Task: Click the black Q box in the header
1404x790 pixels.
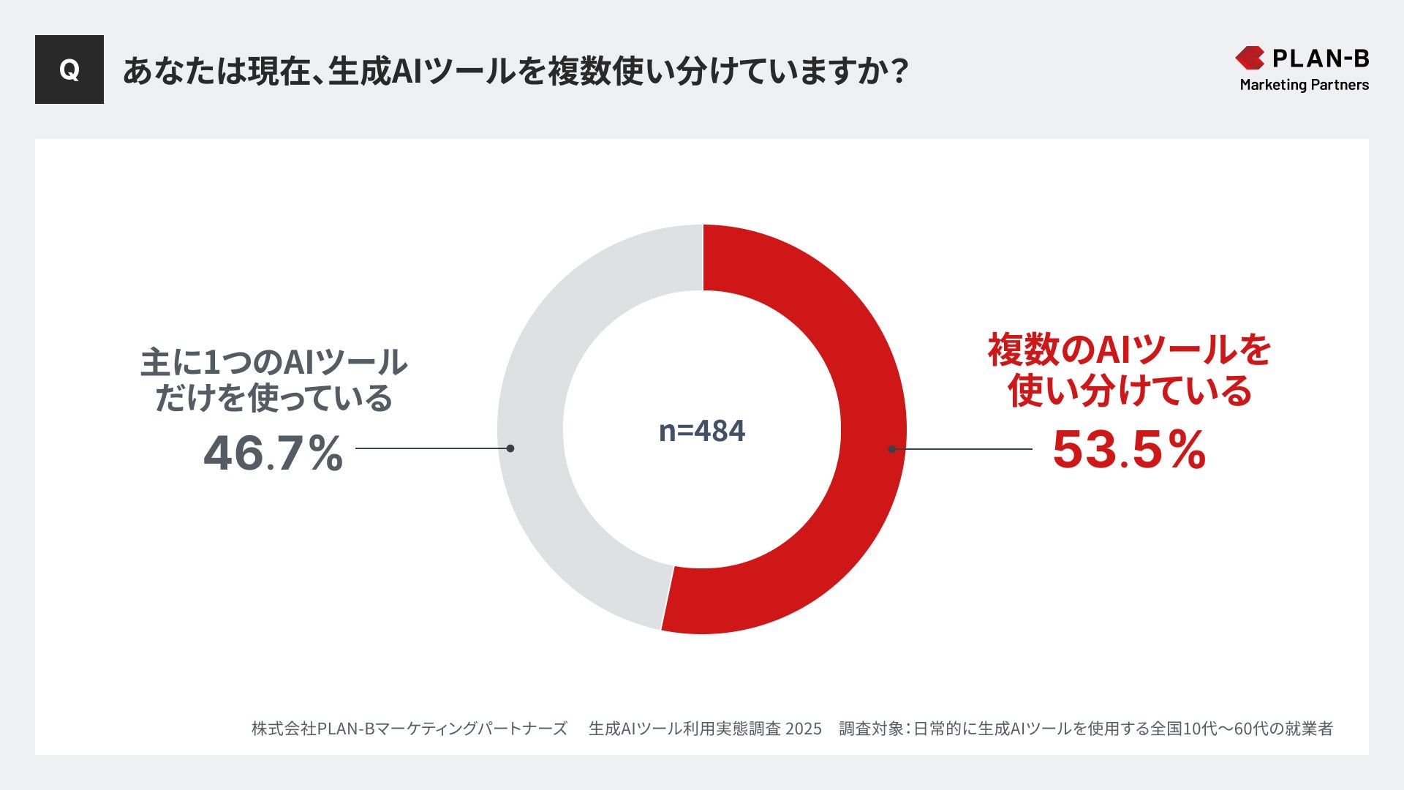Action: [x=69, y=69]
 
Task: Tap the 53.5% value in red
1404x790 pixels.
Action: [x=1129, y=449]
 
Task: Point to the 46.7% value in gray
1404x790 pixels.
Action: [x=273, y=453]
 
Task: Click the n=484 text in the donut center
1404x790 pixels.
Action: [x=702, y=431]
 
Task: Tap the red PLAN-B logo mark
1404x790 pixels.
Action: [x=1250, y=58]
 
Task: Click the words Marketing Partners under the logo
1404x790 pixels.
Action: [x=1304, y=85]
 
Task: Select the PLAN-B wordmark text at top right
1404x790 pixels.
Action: [x=1321, y=58]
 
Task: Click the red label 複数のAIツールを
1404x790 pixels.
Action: [x=1129, y=350]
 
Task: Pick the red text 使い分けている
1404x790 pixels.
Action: [x=1129, y=391]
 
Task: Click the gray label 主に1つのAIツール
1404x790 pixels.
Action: [x=273, y=362]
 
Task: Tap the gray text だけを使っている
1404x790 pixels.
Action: [x=273, y=398]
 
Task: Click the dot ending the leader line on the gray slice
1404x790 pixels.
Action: [x=510, y=448]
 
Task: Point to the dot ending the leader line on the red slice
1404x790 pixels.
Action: [x=892, y=449]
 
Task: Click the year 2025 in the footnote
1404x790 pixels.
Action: [x=803, y=729]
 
